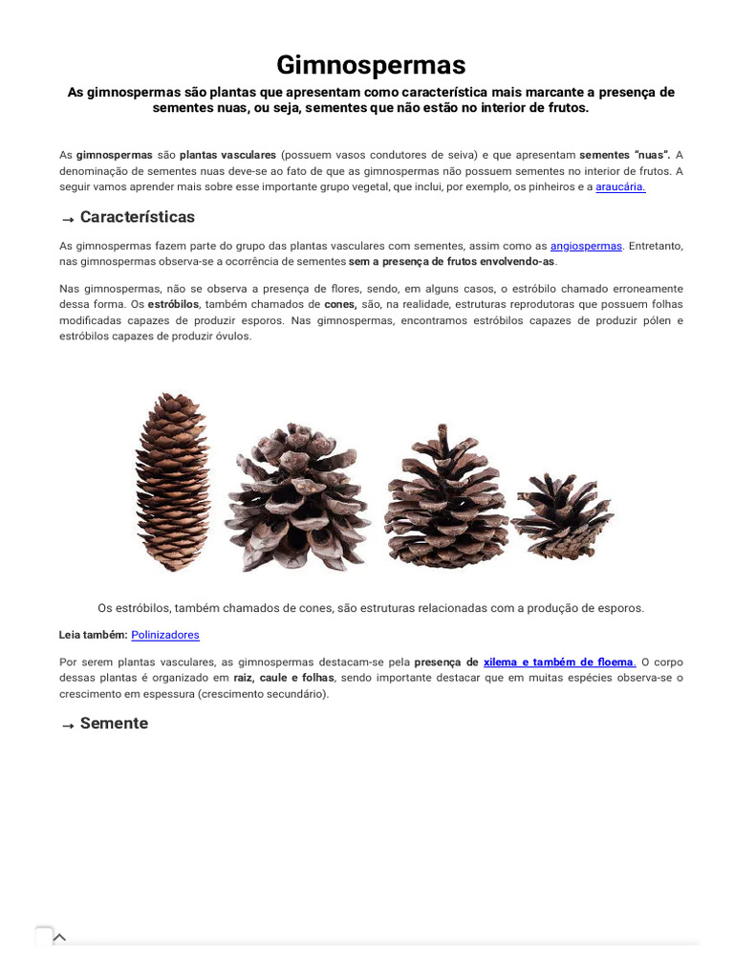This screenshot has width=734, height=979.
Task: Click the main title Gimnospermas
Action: click(371, 65)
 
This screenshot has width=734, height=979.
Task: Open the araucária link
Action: click(620, 187)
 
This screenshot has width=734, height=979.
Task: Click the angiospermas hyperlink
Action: click(586, 246)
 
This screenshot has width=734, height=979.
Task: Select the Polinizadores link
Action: click(165, 635)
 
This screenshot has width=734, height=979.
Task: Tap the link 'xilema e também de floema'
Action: click(559, 662)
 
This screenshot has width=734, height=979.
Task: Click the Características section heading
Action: click(137, 217)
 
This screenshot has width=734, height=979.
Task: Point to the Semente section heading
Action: click(114, 724)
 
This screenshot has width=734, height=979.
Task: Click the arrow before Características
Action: click(67, 220)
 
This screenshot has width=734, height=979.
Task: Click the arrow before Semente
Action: click(67, 727)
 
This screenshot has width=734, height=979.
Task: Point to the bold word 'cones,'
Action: click(340, 304)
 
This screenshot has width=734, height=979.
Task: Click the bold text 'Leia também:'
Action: click(93, 635)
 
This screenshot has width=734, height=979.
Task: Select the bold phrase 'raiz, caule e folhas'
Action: click(285, 678)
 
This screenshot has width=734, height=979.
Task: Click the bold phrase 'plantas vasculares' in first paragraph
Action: click(227, 155)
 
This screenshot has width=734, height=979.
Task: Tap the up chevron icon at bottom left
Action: click(59, 937)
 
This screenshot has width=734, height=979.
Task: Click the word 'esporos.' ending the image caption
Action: click(618, 608)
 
